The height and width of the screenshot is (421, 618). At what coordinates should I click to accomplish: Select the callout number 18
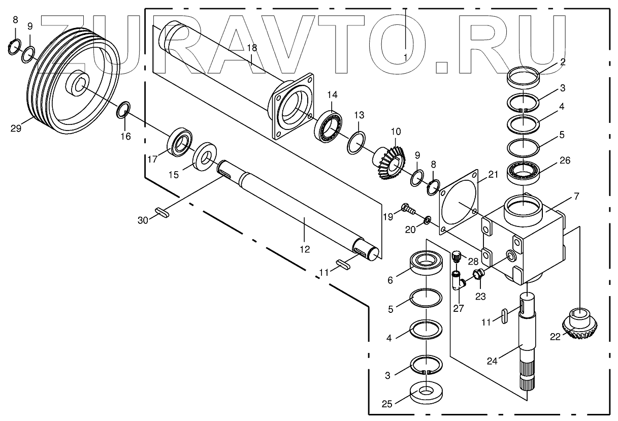coord(252,47)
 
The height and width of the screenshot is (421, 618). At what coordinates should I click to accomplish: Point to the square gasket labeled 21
coord(460,203)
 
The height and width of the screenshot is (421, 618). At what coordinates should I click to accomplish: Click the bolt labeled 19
coord(407,208)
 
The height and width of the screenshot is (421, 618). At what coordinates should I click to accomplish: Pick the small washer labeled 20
coord(428,220)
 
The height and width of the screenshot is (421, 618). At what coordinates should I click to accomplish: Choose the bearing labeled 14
coord(330,126)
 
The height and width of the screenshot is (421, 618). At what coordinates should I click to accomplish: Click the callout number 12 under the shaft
coord(304,249)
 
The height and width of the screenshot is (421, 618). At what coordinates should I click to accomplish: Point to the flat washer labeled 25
coord(426,394)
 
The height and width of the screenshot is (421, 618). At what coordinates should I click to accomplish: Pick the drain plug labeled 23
coord(478,276)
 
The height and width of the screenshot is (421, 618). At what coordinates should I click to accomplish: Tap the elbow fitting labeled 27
coord(457,280)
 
